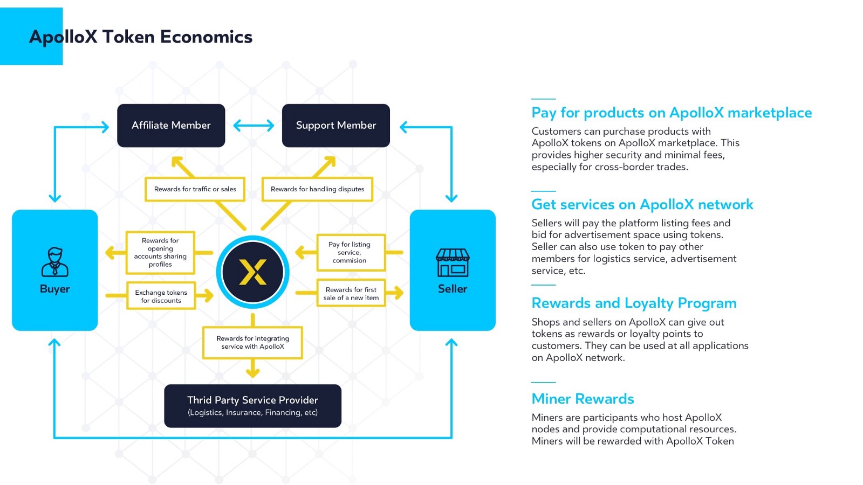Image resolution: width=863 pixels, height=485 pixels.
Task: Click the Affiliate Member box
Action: coord(171,126)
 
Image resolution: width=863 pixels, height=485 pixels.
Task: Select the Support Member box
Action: coord(335,126)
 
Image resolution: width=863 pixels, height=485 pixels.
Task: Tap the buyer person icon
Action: coord(54,261)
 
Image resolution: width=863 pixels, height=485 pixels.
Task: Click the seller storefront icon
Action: coord(453,262)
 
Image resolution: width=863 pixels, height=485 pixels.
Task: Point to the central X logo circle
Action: coord(252,272)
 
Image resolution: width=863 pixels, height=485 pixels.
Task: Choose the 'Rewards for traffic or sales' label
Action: coord(195,189)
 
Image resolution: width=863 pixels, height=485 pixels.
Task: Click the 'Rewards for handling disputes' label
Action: coord(317,189)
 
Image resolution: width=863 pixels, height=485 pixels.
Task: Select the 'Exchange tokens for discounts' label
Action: coord(161,296)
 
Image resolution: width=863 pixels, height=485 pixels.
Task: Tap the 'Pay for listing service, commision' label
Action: coord(350,252)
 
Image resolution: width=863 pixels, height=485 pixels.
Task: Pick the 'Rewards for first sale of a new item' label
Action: coord(351,293)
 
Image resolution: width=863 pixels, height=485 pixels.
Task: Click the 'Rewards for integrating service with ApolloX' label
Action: coord(252,343)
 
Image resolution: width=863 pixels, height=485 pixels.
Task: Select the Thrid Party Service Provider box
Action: coord(252,406)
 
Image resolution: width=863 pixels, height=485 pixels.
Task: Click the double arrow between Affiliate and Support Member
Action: coord(254,126)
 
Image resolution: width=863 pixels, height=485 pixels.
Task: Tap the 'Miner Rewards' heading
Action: coord(583,399)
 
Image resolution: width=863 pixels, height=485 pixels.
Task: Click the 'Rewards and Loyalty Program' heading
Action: coord(634,303)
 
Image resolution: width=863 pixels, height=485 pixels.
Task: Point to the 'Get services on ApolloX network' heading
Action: coord(642,204)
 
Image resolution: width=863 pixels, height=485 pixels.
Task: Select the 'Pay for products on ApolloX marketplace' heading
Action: coord(672,113)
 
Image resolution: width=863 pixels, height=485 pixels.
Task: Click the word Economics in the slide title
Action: coord(206,37)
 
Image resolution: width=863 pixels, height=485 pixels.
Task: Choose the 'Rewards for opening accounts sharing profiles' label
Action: coord(160,252)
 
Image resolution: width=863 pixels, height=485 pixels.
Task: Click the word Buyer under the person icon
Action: coord(54,289)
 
